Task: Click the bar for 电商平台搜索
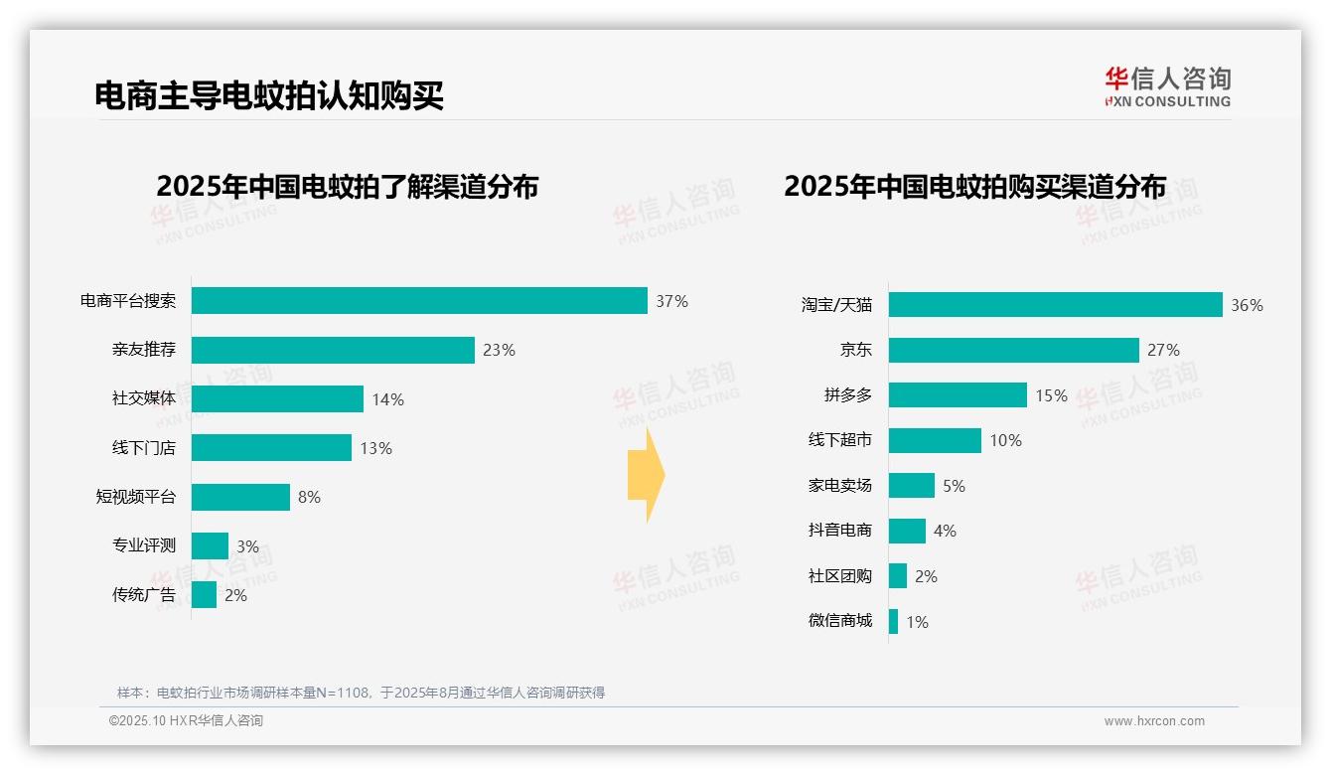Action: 419,301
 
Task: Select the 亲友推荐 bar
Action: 333,350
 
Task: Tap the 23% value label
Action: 499,350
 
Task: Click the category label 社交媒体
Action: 143,399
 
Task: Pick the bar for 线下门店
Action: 271,448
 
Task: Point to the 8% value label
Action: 309,497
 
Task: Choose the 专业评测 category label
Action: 143,545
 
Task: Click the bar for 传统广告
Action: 204,595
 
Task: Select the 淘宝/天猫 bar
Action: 1055,305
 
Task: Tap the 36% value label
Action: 1247,306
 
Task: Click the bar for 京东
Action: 1013,350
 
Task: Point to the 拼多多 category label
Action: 847,395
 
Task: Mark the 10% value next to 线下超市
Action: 1005,440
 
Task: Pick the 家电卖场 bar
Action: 911,486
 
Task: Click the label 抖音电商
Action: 839,531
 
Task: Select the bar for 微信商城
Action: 893,622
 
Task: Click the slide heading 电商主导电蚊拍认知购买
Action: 269,95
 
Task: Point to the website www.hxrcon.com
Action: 1153,721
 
